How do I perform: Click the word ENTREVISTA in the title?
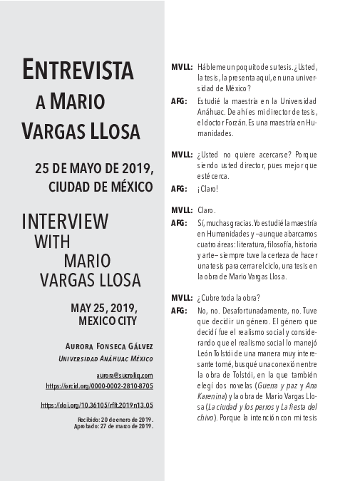78,71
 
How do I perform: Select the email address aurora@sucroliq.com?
125,374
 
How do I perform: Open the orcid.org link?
99,386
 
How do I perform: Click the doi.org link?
97,405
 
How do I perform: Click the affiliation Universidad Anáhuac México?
106,358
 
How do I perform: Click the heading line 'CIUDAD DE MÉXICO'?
101,187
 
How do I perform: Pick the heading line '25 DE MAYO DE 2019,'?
94,170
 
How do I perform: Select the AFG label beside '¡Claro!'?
179,189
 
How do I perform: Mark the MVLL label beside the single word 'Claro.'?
182,210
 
